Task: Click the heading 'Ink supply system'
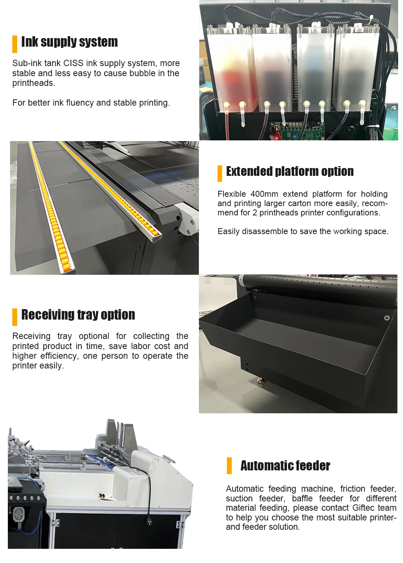[69, 42]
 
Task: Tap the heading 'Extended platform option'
[290, 171]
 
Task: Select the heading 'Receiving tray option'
[78, 315]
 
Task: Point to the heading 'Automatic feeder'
[285, 466]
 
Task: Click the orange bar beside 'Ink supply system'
[15, 44]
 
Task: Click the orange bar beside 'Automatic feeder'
[229, 466]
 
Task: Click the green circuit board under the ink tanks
[299, 131]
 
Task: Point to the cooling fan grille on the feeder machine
[19, 515]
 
